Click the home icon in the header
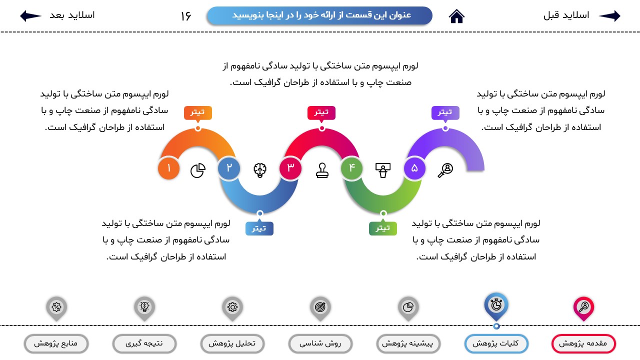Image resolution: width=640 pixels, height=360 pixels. point(456,16)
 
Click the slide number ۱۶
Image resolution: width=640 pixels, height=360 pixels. point(185,16)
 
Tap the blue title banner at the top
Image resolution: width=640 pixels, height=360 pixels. point(319,15)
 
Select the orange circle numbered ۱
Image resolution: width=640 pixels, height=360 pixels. point(169,168)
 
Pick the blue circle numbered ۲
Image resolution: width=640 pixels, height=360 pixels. point(229,168)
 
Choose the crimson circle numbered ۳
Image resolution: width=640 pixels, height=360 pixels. point(290,168)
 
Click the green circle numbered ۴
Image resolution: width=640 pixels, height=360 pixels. point(351,168)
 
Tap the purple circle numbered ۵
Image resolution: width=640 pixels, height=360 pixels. point(414,168)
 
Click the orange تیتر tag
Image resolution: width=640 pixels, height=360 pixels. point(197,113)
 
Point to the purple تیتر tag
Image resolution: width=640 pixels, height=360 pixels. point(445,113)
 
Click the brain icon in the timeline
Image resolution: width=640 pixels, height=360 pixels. point(260,170)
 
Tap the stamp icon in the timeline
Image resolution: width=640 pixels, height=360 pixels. point(322,170)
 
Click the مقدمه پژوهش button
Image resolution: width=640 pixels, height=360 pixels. point(583,343)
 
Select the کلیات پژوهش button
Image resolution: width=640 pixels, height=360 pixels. point(496,343)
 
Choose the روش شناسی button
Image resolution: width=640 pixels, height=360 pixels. point(320,343)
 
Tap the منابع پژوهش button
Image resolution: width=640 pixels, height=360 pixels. point(56,343)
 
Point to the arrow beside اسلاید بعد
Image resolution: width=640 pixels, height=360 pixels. point(30,15)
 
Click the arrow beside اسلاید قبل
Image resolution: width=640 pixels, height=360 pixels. point(609,15)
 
